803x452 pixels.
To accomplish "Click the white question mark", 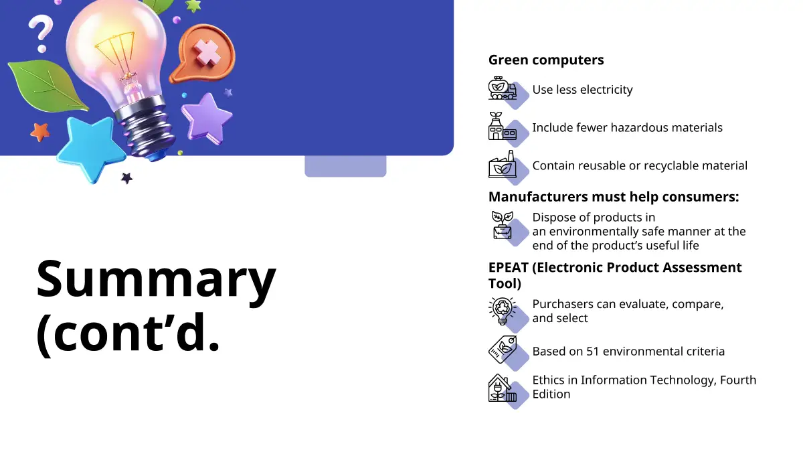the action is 41,33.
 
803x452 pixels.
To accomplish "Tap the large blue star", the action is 90,147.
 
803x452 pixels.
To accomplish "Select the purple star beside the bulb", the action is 207,118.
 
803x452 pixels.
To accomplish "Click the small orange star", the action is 39,132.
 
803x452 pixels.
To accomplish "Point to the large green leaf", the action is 47,86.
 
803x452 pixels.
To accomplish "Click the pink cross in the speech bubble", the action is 207,52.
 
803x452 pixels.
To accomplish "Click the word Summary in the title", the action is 157,279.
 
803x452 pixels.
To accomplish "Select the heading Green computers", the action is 546,60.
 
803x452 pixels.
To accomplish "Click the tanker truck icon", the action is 503,88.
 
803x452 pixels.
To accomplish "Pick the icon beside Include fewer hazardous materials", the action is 503,126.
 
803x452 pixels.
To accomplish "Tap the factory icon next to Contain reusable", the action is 503,164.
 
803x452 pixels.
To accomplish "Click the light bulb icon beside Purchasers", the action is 503,311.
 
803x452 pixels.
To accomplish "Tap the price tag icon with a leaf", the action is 503,350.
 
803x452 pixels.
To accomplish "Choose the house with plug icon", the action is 503,388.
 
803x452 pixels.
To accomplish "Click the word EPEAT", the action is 509,268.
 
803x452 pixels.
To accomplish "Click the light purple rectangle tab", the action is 345,166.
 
